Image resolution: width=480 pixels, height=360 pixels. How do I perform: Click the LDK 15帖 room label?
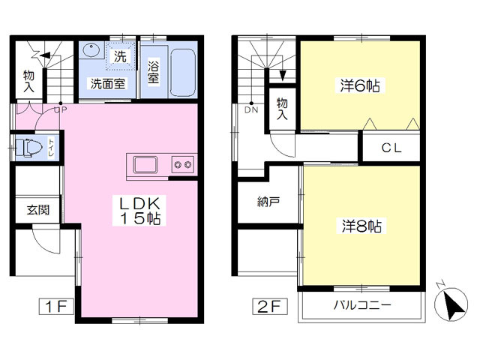[139, 211]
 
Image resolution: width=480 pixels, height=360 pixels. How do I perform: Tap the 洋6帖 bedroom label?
[360, 85]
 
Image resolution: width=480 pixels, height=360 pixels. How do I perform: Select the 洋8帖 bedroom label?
[361, 226]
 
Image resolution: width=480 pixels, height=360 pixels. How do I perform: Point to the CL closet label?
[391, 148]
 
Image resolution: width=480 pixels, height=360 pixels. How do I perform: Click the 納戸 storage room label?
[268, 202]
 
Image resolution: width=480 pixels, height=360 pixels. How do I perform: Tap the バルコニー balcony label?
[362, 305]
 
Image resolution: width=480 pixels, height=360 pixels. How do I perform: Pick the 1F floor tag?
[56, 306]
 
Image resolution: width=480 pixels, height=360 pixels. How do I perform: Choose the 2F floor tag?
[270, 306]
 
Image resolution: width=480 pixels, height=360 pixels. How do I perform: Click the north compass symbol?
[451, 303]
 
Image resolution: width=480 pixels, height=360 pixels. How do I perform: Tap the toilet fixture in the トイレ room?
[28, 148]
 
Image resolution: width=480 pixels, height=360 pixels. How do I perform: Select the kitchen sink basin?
[145, 165]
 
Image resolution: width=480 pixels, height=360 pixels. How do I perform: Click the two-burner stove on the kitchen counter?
[183, 165]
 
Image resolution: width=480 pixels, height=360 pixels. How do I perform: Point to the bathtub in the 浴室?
[183, 72]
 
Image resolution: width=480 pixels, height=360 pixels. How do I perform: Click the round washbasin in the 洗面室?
[91, 50]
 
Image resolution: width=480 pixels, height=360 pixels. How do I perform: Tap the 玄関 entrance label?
[38, 210]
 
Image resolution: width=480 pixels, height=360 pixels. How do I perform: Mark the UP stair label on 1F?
[61, 110]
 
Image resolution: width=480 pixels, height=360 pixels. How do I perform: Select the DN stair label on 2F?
[251, 110]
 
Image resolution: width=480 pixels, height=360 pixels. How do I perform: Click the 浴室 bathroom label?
[153, 73]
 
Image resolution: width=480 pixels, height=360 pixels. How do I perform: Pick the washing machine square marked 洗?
[120, 56]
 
